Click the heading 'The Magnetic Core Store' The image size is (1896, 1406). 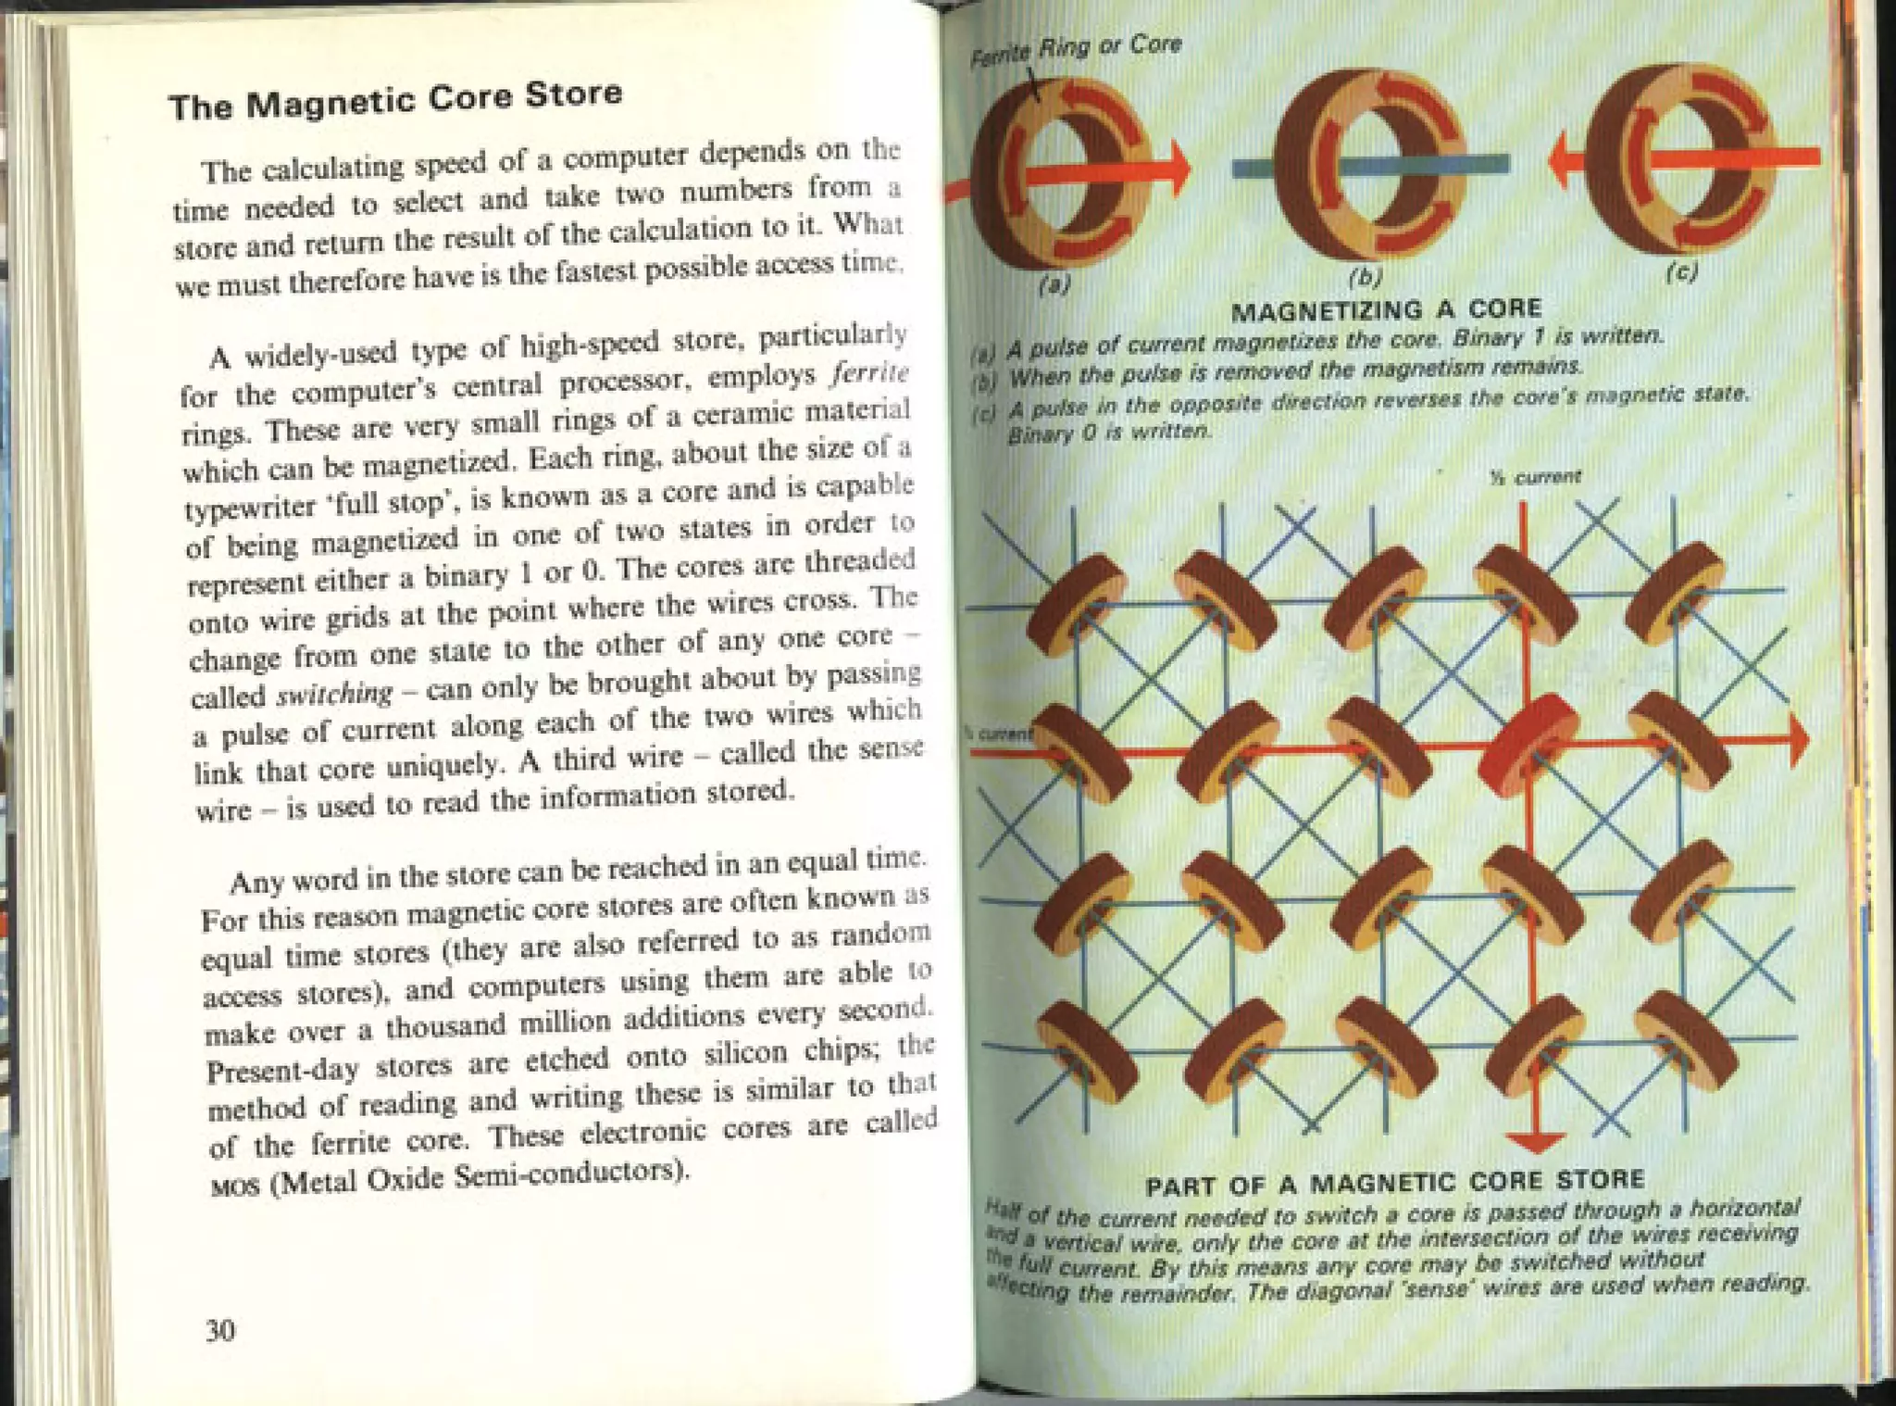pos(395,101)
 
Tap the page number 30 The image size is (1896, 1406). pos(220,1330)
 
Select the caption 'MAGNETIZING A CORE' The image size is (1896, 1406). pos(1386,308)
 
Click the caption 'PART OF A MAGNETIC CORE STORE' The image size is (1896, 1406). pos(1395,1183)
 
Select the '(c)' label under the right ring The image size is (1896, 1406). pos(1680,273)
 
